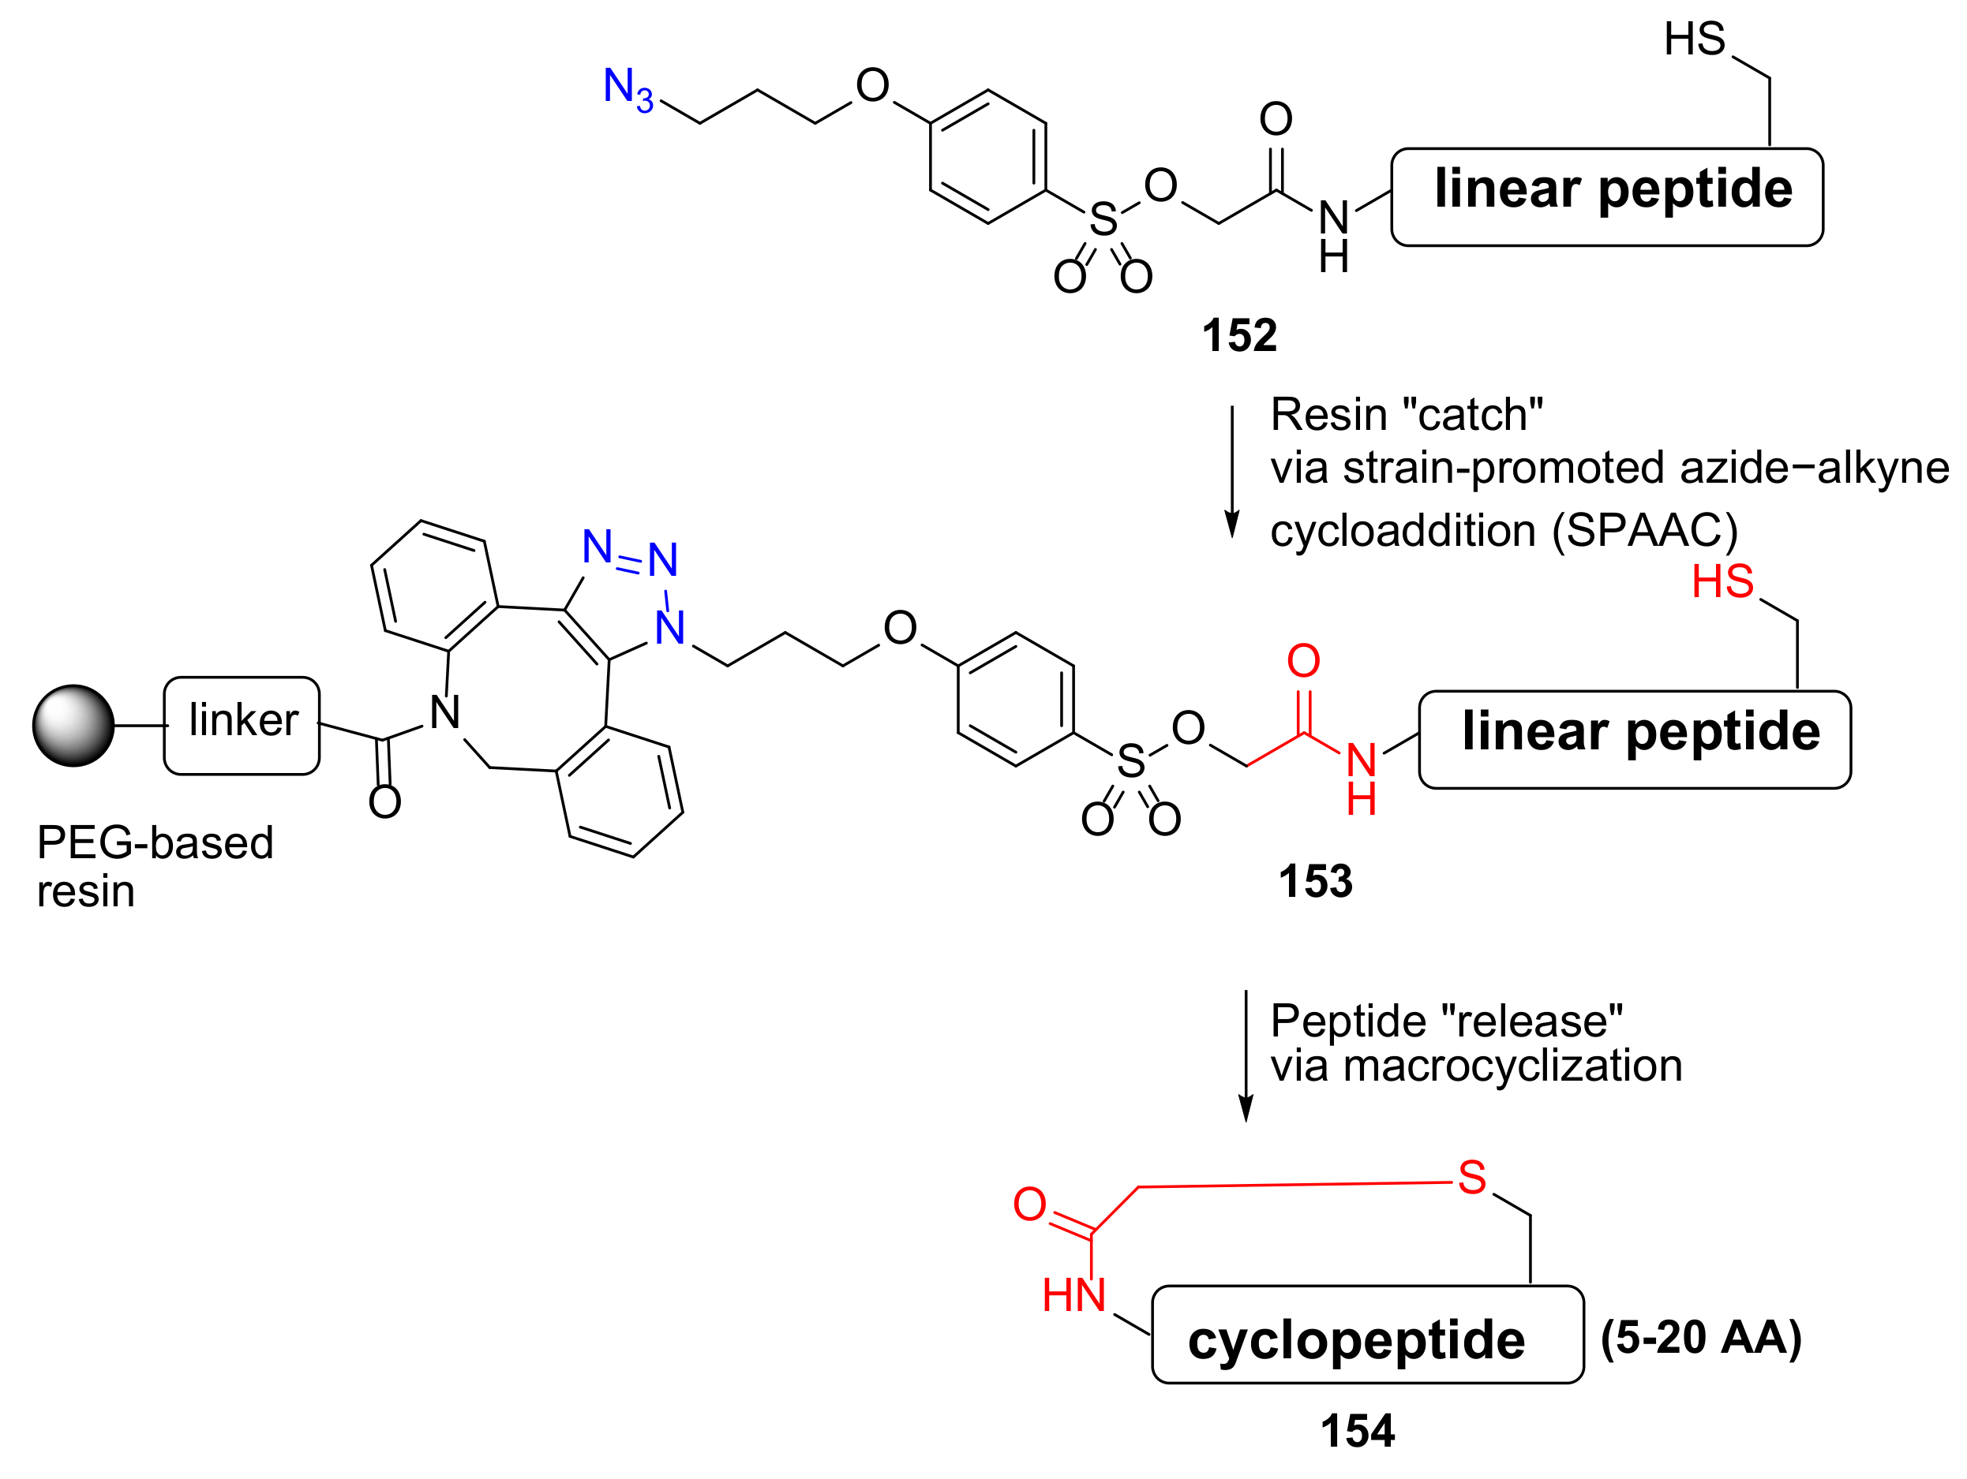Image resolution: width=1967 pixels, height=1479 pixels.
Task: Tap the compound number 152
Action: pos(1238,336)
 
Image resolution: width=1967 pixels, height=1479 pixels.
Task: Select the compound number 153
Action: pos(1315,882)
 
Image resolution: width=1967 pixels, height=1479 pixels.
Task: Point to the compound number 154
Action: pos(1357,1431)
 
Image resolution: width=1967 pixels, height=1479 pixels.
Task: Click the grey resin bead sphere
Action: pos(74,725)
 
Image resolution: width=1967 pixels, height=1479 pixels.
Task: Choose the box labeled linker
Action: pos(242,725)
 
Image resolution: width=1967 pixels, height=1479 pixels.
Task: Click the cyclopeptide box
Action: pos(1368,1334)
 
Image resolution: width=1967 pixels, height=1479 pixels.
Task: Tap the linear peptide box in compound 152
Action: pos(1607,196)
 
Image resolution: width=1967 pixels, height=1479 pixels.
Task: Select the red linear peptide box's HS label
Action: pos(1722,581)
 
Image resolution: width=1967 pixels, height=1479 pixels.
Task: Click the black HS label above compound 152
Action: pos(1694,39)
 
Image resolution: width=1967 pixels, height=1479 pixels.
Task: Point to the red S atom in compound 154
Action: pos(1471,1177)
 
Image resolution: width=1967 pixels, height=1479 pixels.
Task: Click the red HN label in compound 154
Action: pos(1073,1295)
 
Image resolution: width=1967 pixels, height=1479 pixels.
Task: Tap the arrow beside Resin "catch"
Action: pos(1231,472)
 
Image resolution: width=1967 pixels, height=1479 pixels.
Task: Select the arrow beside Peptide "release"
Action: pos(1246,1056)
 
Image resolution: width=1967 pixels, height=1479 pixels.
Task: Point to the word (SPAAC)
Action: pos(1645,531)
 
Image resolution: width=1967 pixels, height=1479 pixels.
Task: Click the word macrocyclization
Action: pos(1512,1065)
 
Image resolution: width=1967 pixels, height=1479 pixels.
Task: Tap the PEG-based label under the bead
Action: pos(155,842)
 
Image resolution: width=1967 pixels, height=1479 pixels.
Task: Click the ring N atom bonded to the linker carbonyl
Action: pos(444,712)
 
